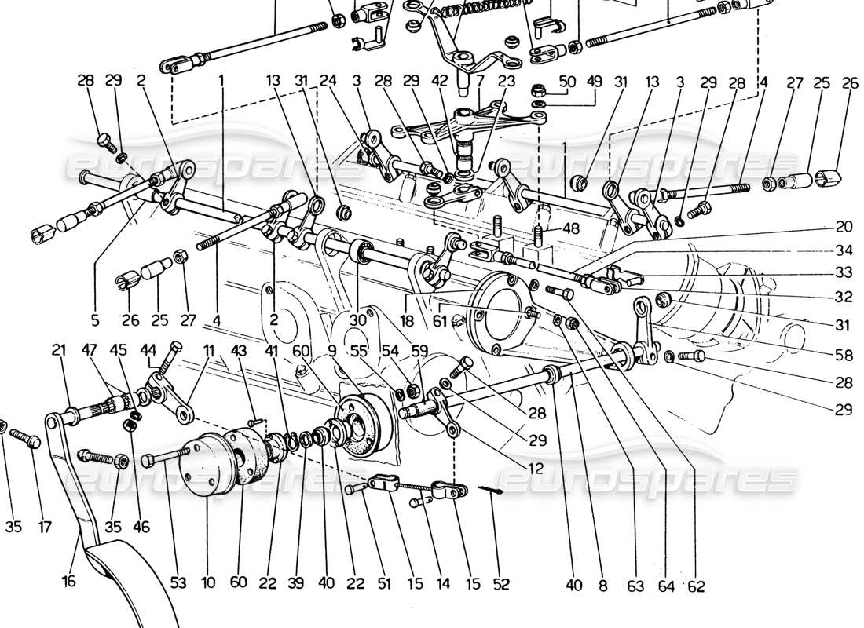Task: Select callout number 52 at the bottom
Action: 501,584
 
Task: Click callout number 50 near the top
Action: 567,81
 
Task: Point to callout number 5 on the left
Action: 94,319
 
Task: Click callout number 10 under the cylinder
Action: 207,584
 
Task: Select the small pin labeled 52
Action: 492,490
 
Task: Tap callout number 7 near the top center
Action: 479,81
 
